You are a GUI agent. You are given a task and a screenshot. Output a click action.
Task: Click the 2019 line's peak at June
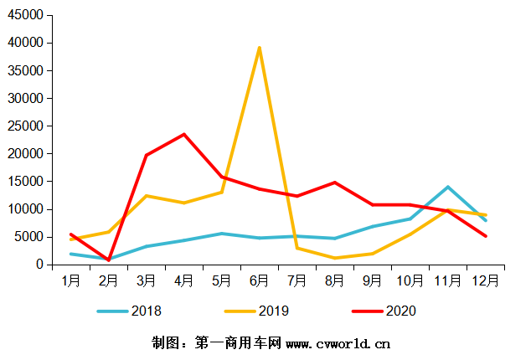coord(259,48)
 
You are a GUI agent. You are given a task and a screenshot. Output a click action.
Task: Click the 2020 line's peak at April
coord(184,134)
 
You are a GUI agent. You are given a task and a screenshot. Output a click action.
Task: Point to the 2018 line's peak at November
coord(448,187)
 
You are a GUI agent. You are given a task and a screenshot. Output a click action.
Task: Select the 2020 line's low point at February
coord(109,260)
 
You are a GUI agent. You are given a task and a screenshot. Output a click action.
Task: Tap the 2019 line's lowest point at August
coord(334,258)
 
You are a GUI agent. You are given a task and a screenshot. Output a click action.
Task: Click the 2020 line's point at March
coord(146,155)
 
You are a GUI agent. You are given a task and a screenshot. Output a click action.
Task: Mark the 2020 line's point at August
coord(334,183)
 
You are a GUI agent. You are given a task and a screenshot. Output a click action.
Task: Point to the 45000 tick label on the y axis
coord(29,15)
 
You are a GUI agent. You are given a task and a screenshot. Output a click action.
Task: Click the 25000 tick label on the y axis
coord(29,126)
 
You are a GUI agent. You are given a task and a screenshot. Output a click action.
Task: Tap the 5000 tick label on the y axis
coord(32,237)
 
